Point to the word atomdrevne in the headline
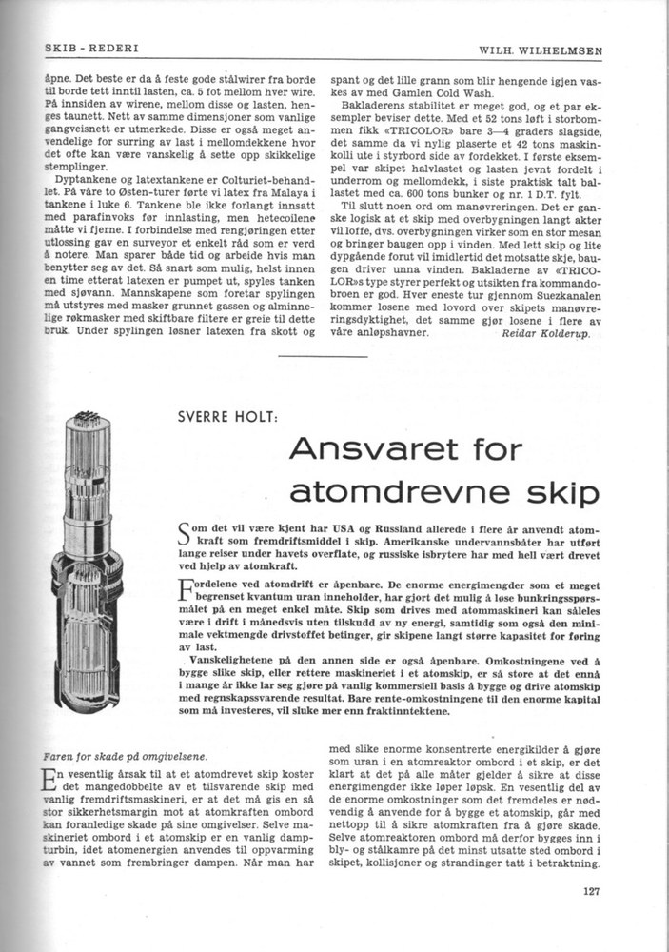(x=398, y=492)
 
